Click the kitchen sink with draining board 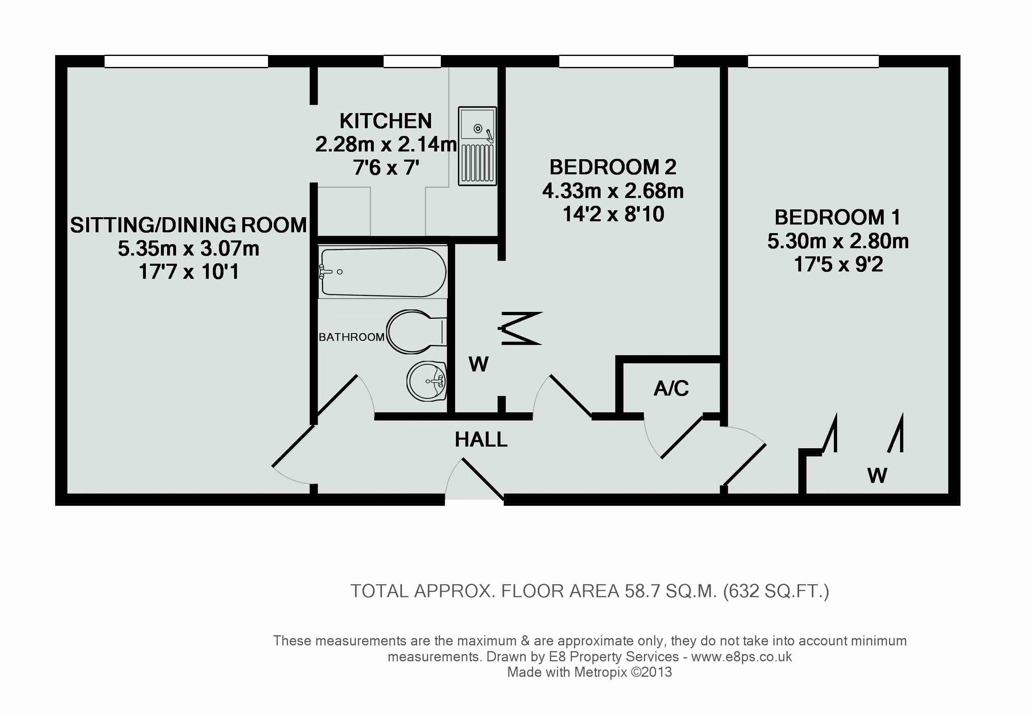pos(477,146)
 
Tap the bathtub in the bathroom pos(383,272)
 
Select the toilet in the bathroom pos(416,331)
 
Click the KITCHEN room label pos(386,121)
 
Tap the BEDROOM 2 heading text pos(612,167)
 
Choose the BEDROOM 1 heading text pos(837,218)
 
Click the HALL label pos(481,439)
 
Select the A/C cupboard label pos(671,388)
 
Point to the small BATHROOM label pos(351,337)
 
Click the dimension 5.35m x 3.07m pos(188,248)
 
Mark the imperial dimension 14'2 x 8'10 pos(613,214)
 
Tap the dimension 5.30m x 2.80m pos(838,241)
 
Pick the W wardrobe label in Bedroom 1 pos(877,475)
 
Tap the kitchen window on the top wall pos(412,61)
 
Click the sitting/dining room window pos(186,61)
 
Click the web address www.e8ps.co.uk pos(742,657)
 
